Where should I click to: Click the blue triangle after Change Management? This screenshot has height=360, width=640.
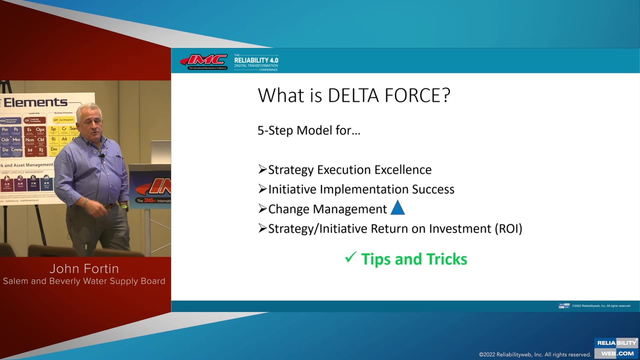coord(397,208)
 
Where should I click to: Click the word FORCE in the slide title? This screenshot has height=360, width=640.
coord(417,95)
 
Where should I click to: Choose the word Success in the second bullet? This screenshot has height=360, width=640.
coord(433,189)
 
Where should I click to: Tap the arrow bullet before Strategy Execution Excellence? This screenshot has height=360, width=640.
coord(263,170)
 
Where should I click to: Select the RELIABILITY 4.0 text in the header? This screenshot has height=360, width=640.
coord(256,60)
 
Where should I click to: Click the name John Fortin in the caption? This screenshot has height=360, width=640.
coord(84,269)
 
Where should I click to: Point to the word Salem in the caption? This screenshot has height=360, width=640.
coord(15,281)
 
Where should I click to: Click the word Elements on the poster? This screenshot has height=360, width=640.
coord(36,102)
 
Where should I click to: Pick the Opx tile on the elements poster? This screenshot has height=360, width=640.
coord(40,130)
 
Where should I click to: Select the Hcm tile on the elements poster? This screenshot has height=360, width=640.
coord(30,140)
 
